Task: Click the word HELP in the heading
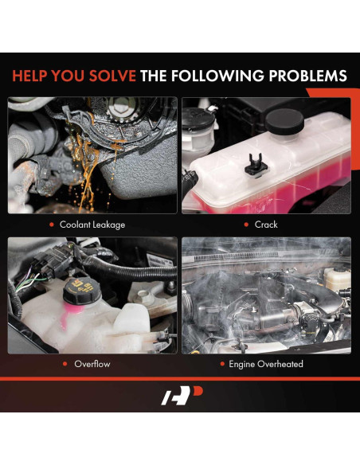[x=33, y=76]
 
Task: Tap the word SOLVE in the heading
[x=109, y=76]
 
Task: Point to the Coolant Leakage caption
[x=92, y=225]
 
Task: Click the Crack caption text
[x=266, y=225]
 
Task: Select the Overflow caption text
[x=92, y=364]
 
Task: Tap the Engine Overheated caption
[x=266, y=364]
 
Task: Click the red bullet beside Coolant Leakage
[x=53, y=225]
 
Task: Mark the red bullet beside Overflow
[x=66, y=364]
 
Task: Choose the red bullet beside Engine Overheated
[x=221, y=364]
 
